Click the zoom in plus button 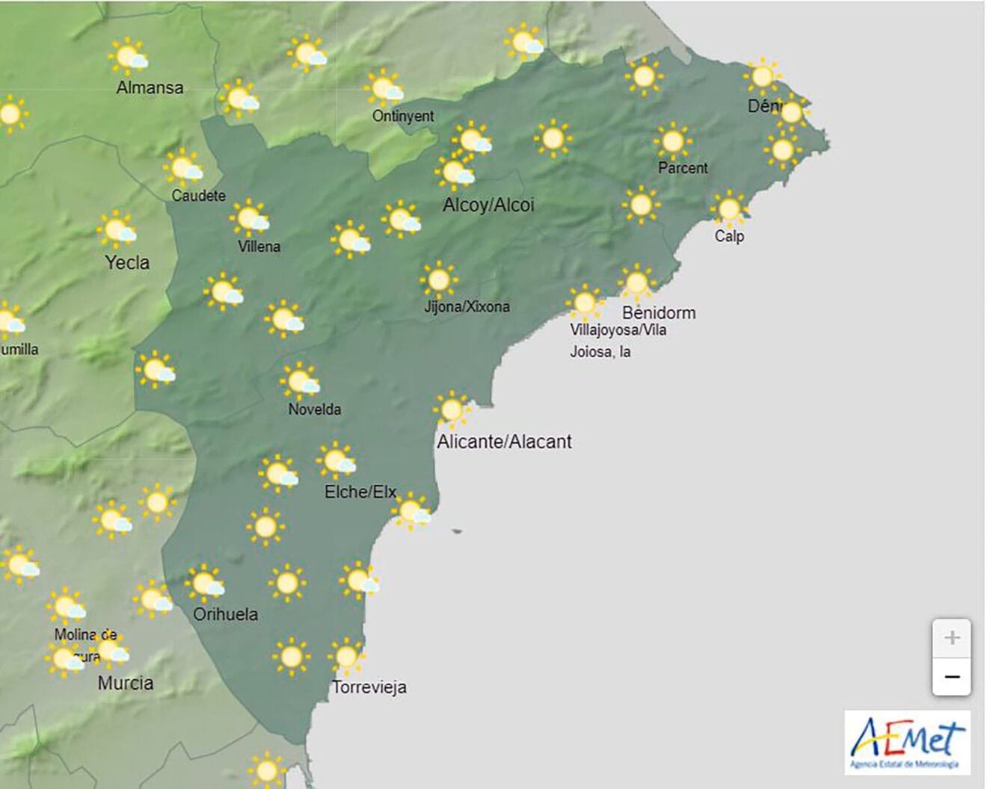coord(951,638)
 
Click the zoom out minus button coord(951,677)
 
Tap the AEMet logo coord(907,742)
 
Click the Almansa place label coord(150,87)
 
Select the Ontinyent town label coord(403,116)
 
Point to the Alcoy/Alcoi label coord(488,205)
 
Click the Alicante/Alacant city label coord(504,442)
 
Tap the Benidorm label coord(659,312)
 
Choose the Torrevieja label coord(369,687)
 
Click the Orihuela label coord(225,614)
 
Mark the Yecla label coord(127,262)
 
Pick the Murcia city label coord(126,683)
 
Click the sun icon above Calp coord(729,208)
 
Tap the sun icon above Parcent coord(671,140)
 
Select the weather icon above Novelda coord(301,381)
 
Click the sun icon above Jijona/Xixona coord(439,280)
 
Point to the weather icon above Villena coord(250,218)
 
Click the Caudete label coord(198,196)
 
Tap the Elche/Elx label coord(360,492)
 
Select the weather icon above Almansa coord(128,57)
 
